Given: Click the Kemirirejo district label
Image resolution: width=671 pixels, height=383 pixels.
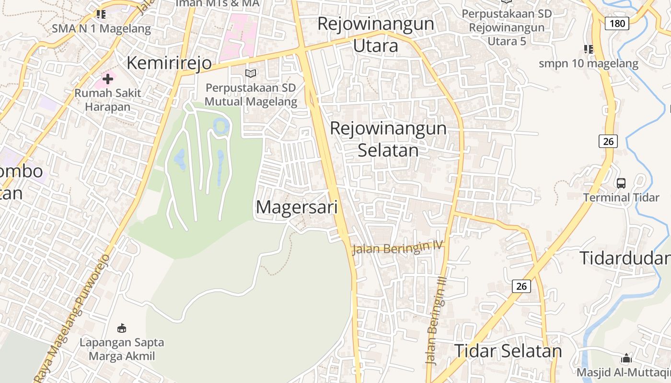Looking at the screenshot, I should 169,63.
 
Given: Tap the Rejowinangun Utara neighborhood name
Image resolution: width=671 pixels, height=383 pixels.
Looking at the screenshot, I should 376,34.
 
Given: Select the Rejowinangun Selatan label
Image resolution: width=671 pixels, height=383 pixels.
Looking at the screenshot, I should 388,139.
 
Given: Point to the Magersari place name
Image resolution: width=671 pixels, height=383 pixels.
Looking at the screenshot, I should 297,207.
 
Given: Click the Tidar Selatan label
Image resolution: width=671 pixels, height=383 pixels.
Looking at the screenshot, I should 508,351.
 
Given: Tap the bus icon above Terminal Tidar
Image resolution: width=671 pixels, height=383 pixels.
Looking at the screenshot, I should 621,183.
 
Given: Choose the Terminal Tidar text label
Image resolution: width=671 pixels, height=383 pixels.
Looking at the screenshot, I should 621,197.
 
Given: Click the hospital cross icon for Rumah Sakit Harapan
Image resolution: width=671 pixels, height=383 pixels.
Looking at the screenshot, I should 108,79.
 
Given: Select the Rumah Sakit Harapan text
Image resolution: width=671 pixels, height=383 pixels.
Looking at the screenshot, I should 108,100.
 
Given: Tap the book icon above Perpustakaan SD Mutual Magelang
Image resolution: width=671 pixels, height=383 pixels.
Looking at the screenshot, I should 251,73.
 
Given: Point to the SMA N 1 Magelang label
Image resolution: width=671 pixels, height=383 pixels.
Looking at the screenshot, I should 101,28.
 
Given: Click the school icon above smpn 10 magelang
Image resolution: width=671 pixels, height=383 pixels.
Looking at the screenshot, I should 589,49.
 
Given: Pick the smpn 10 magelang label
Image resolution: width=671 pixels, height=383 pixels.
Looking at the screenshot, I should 589,63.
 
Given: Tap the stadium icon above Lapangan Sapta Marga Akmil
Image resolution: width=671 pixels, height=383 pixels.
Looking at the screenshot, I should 122,328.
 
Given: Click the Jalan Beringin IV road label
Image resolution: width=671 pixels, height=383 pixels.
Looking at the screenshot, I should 396,248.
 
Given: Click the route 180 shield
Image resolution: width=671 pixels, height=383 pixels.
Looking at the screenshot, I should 616,23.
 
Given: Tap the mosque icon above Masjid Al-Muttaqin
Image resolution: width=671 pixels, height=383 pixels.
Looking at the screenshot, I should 626,358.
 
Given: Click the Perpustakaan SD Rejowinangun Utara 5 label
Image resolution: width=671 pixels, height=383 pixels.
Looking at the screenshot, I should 507,27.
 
